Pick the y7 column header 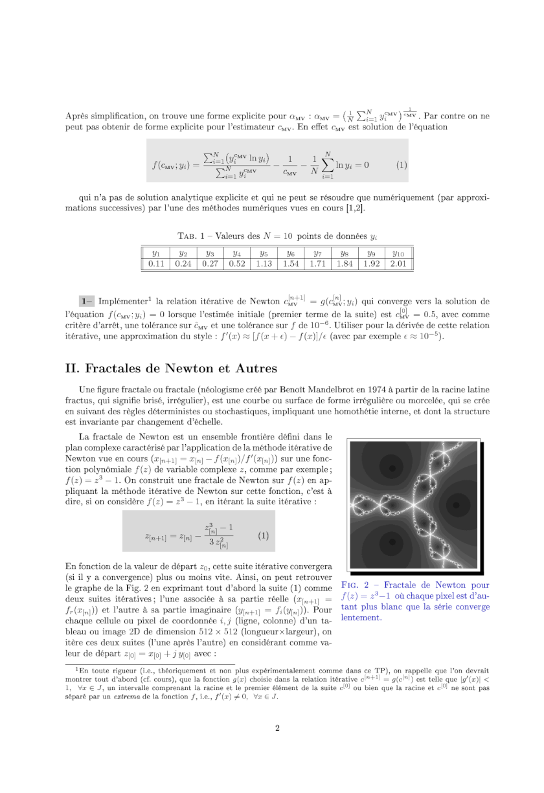[x=317, y=253]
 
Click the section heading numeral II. [x=73, y=368]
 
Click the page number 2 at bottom [x=277, y=728]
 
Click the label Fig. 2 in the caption [x=352, y=585]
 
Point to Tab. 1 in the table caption [x=191, y=236]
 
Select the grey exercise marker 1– [x=87, y=301]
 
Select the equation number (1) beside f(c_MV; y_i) [x=401, y=164]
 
